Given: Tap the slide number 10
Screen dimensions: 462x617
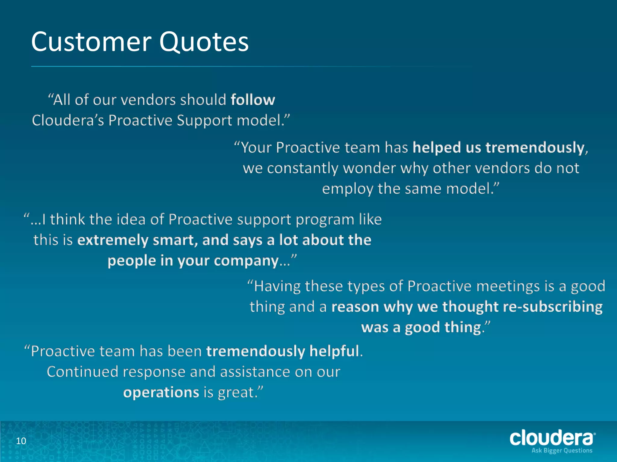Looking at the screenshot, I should click(21, 441).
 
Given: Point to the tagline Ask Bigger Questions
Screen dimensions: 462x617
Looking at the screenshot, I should click(562, 450).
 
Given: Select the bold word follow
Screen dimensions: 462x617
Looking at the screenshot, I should click(253, 100).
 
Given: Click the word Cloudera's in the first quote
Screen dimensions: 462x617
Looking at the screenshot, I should click(68, 120).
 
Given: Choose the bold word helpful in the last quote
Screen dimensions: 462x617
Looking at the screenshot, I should click(334, 351).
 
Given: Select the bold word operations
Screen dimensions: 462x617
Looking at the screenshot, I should click(161, 392).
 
